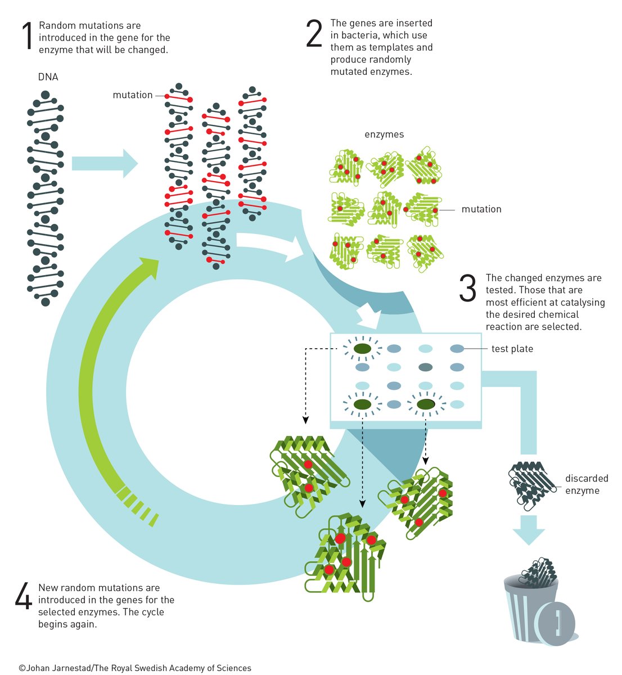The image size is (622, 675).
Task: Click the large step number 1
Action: click(x=26, y=37)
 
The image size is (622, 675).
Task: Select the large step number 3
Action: click(x=467, y=289)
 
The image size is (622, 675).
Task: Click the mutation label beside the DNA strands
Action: click(x=132, y=95)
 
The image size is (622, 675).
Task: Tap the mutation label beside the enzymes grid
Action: click(x=481, y=209)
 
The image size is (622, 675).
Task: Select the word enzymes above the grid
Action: click(x=384, y=134)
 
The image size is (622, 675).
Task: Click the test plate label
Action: click(x=512, y=349)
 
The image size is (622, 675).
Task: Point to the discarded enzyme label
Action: click(x=586, y=484)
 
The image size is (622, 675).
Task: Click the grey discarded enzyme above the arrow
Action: click(x=530, y=485)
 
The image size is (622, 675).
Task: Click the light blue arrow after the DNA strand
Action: click(x=104, y=164)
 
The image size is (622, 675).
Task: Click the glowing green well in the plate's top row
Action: click(x=362, y=349)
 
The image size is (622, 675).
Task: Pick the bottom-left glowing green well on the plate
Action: click(x=362, y=404)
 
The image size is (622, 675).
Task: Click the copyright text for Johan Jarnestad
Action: click(x=135, y=668)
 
